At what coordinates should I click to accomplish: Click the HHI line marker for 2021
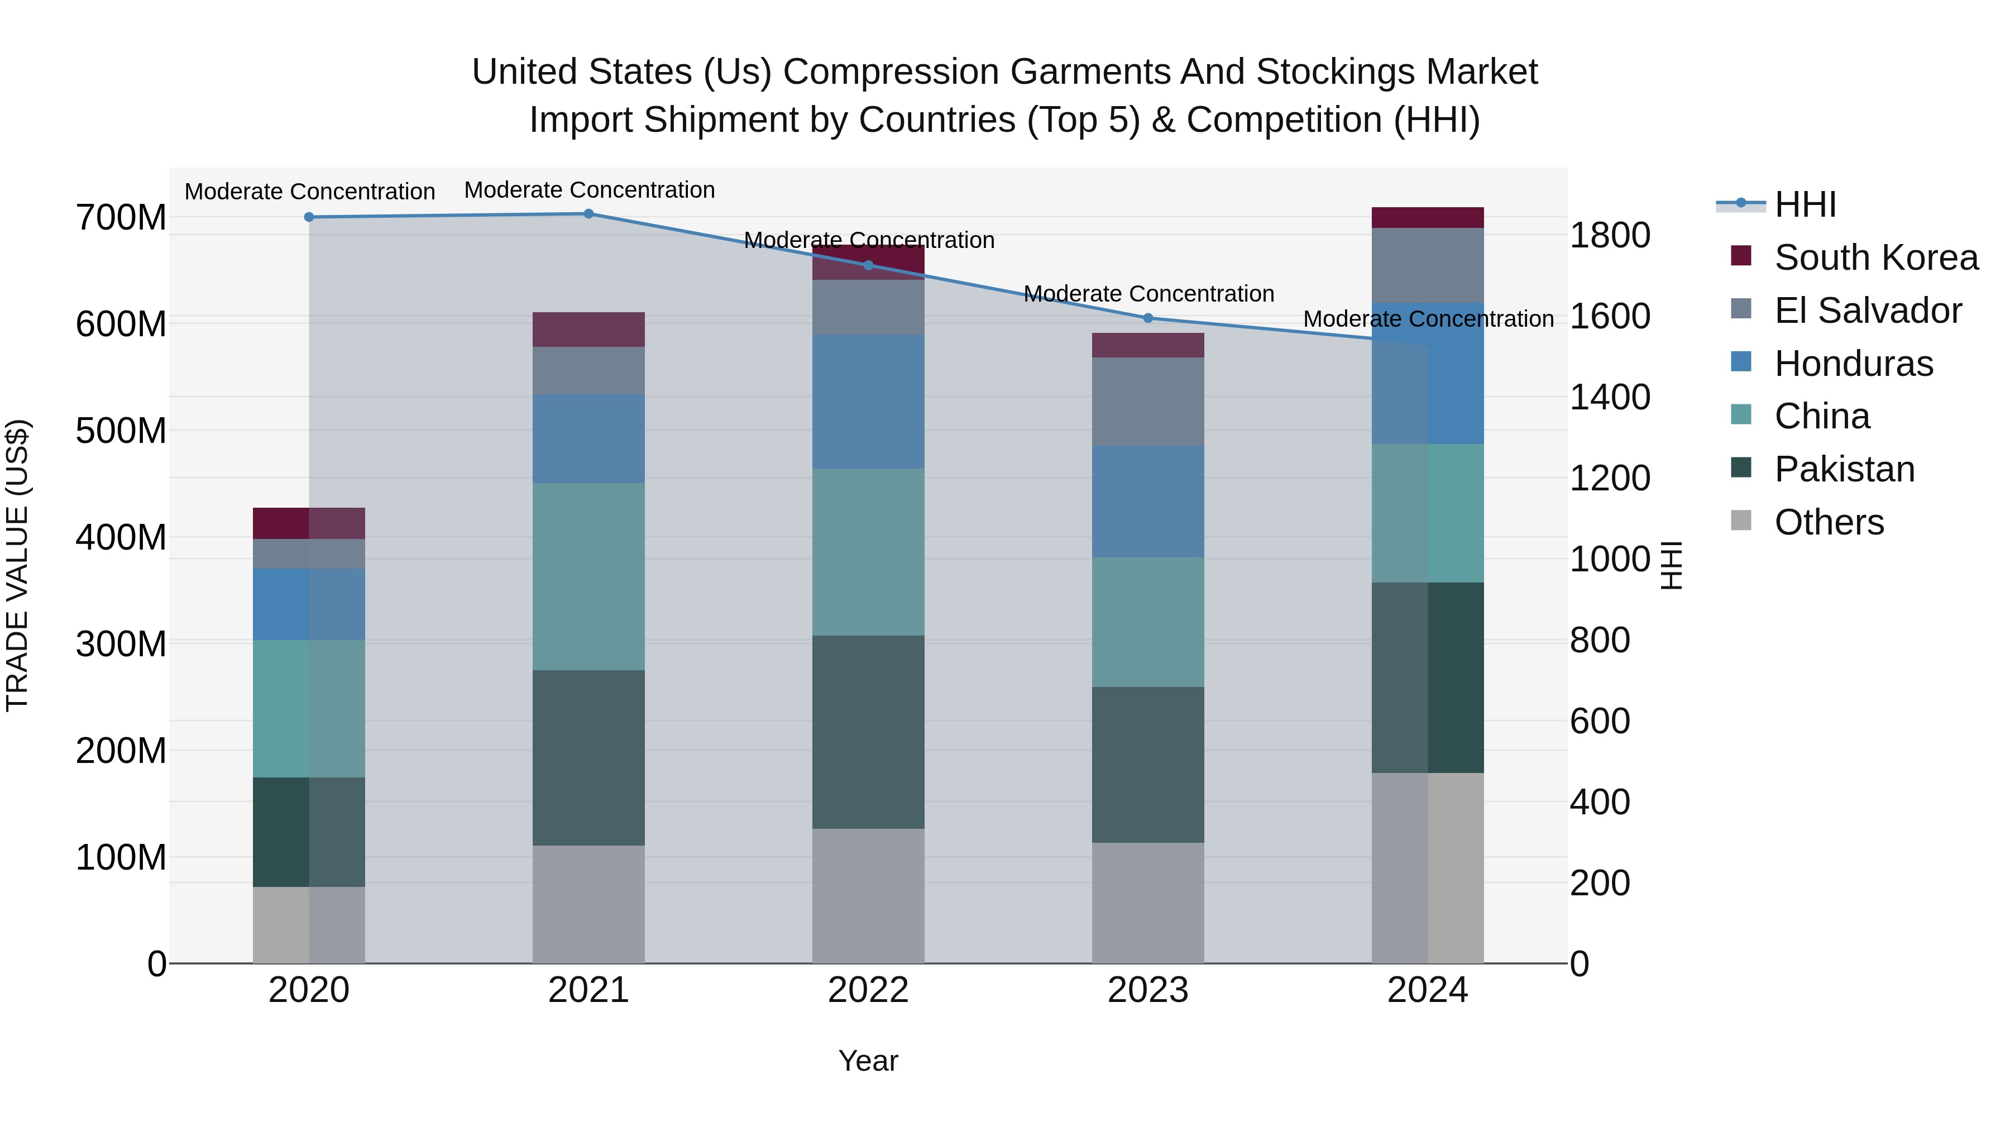pos(588,214)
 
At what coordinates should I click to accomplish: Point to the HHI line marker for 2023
pos(1148,318)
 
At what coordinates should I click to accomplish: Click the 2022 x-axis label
pos(868,990)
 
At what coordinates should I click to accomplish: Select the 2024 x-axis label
pos(1427,990)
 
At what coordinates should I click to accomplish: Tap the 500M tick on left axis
pos(121,431)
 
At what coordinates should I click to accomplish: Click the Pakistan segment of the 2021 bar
pos(588,757)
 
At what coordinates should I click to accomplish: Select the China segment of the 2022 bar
pos(868,552)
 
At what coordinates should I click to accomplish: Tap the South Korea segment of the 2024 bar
pos(1427,218)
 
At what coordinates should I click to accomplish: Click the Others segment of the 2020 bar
pos(309,925)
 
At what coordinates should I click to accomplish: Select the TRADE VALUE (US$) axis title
pos(18,565)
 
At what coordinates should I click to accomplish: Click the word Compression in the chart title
pos(891,72)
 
